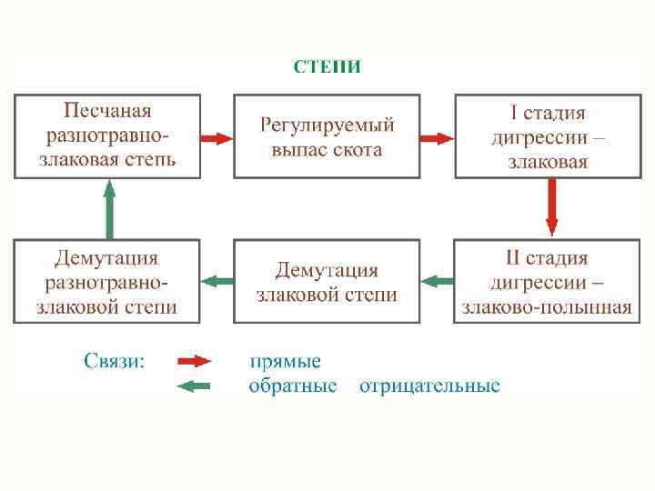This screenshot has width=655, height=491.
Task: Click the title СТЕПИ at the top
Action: tap(327, 65)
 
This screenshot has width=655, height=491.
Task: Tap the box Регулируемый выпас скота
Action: tap(327, 135)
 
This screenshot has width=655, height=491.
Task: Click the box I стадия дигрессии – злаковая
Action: tap(548, 135)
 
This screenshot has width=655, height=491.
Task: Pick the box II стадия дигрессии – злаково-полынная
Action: tap(548, 282)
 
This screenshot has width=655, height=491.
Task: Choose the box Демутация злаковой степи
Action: tap(327, 282)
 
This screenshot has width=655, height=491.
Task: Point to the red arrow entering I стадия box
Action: tap(438, 138)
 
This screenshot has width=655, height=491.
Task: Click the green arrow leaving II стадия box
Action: tap(438, 281)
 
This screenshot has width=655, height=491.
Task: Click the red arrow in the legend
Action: tap(193, 361)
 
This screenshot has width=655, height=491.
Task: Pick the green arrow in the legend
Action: tap(193, 386)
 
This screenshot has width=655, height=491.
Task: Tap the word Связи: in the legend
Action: tap(114, 361)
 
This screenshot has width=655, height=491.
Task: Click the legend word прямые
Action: tap(285, 362)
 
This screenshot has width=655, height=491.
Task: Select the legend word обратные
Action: tap(293, 386)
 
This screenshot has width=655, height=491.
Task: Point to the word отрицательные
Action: tap(429, 386)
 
